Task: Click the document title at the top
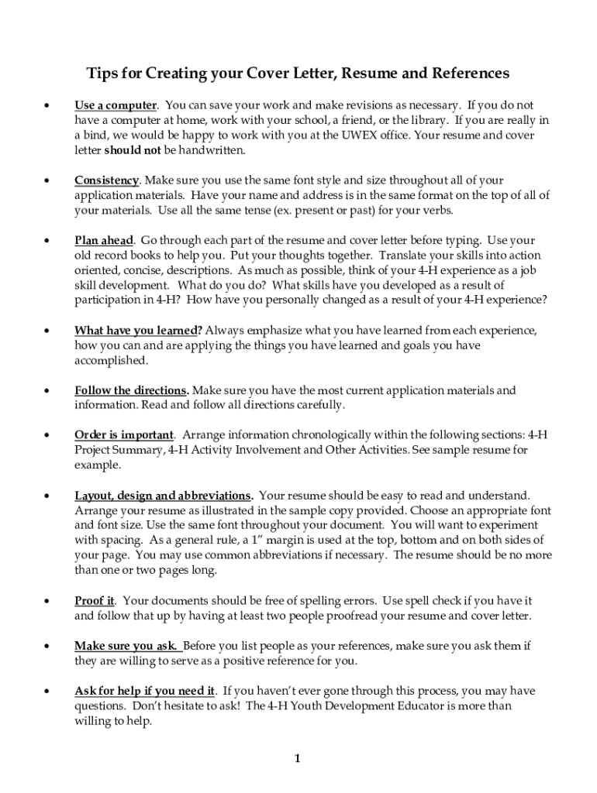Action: (298, 74)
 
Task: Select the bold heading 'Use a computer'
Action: (116, 105)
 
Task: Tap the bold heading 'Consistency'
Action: (107, 180)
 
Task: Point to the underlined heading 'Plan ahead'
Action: (104, 241)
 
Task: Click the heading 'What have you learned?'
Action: (139, 331)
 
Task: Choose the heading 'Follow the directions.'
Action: (132, 391)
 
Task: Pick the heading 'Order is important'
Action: (124, 435)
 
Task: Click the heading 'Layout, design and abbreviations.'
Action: (163, 496)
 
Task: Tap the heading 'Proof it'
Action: (95, 601)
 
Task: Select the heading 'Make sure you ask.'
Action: (129, 646)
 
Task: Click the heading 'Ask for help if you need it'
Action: (144, 691)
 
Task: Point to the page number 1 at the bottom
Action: (297, 758)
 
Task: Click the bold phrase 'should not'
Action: (132, 150)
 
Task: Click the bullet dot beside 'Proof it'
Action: (48, 602)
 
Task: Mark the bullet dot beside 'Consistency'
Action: (48, 181)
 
